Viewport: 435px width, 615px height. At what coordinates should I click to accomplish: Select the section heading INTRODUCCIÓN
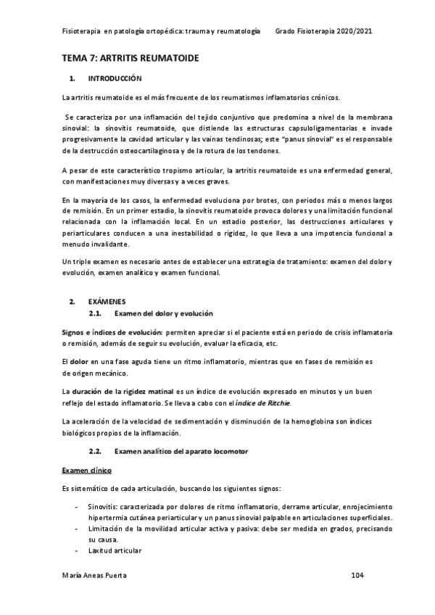pyautogui.click(x=115, y=78)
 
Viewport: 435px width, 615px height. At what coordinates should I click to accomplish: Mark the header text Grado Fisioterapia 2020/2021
pyautogui.click(x=325, y=32)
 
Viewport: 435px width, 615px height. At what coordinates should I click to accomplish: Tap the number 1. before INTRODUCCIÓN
pyautogui.click(x=70, y=78)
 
